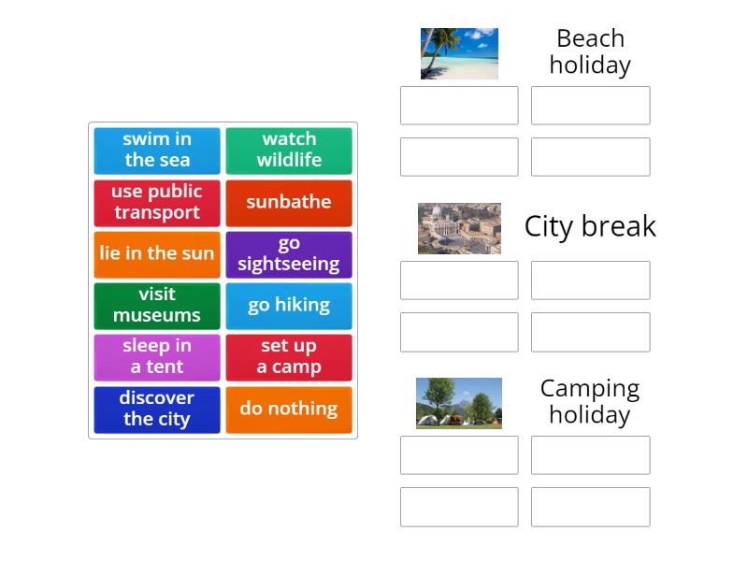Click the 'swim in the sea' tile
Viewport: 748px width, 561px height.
pyautogui.click(x=157, y=150)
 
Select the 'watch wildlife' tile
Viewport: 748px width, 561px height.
pyautogui.click(x=289, y=150)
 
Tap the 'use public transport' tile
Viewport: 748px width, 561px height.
pyautogui.click(x=157, y=202)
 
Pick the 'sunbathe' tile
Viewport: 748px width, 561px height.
pyautogui.click(x=289, y=202)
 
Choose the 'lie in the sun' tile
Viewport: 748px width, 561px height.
pyautogui.click(x=157, y=253)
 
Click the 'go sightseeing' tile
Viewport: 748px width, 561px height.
pyautogui.click(x=289, y=253)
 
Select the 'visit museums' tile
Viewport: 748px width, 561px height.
pyautogui.click(x=157, y=306)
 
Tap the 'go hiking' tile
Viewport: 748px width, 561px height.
pyautogui.click(x=289, y=306)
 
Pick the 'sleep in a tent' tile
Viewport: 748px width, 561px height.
pyautogui.click(x=157, y=357)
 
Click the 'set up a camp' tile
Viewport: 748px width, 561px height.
pyautogui.click(x=289, y=357)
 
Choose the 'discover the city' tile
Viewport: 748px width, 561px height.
pyautogui.click(x=157, y=410)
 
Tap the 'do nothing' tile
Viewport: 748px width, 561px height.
pyautogui.click(x=289, y=410)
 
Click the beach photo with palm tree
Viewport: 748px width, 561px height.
pyautogui.click(x=459, y=53)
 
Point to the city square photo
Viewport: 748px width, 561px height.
pyautogui.click(x=459, y=228)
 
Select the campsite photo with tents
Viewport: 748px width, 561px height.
pyautogui.click(x=459, y=403)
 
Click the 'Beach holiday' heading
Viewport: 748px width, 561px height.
pyautogui.click(x=590, y=51)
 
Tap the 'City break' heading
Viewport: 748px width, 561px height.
pyautogui.click(x=590, y=226)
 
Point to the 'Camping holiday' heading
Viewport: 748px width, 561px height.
pyautogui.click(x=590, y=401)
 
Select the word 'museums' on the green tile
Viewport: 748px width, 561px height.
pyautogui.click(x=157, y=316)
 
